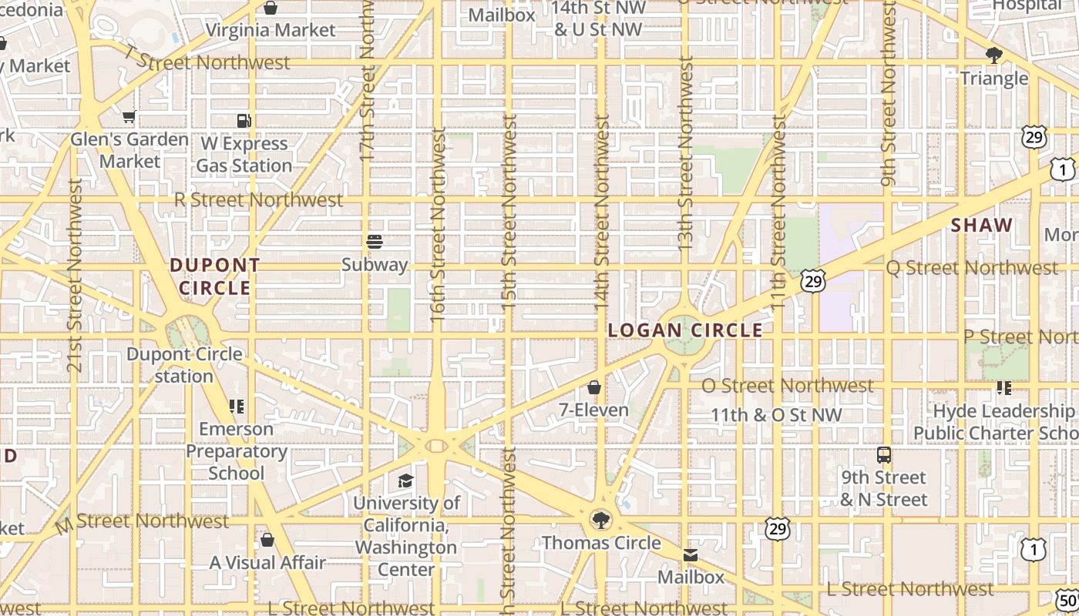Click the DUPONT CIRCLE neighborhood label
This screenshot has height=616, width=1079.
pyautogui.click(x=215, y=276)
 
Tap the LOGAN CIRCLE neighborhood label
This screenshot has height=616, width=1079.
pyautogui.click(x=685, y=330)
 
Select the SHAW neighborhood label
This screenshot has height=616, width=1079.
pyautogui.click(x=981, y=226)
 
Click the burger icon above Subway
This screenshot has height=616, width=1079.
pyautogui.click(x=375, y=242)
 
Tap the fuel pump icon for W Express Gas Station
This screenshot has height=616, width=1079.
pyautogui.click(x=244, y=121)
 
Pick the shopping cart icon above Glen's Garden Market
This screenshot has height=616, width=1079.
pyautogui.click(x=129, y=117)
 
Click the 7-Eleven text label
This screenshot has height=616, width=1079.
pyautogui.click(x=593, y=410)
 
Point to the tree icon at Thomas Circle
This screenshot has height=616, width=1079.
pyautogui.click(x=600, y=520)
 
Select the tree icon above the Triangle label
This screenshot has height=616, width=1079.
pyautogui.click(x=993, y=55)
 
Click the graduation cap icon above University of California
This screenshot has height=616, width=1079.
pyautogui.click(x=405, y=481)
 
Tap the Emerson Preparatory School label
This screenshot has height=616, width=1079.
pyautogui.click(x=237, y=450)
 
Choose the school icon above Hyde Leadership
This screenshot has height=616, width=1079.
pyautogui.click(x=1003, y=388)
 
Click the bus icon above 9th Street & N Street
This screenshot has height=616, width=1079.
pyautogui.click(x=883, y=455)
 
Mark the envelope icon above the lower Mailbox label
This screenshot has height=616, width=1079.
pyautogui.click(x=690, y=555)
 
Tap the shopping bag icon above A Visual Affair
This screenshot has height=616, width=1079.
pyautogui.click(x=267, y=541)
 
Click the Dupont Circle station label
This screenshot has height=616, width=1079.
pyautogui.click(x=184, y=365)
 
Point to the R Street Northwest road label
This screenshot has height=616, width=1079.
pyautogui.click(x=258, y=199)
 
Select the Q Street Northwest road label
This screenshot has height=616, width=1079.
pyautogui.click(x=972, y=268)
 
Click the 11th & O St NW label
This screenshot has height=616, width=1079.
pyautogui.click(x=776, y=415)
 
